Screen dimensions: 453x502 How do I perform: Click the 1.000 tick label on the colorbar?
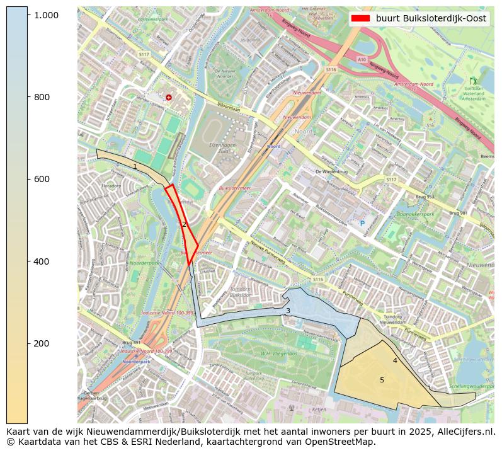46,15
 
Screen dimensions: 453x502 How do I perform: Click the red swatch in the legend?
361,19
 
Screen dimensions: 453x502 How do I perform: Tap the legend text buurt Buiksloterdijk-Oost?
431,19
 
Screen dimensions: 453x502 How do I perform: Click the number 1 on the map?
135,167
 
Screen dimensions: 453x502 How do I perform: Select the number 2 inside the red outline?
184,224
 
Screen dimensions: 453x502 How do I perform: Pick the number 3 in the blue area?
288,311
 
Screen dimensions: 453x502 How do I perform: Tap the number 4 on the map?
395,360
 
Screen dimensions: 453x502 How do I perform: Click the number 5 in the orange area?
382,380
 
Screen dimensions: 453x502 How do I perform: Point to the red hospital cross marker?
168,97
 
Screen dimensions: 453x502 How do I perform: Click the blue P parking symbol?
362,223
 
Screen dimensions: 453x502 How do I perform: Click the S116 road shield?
331,69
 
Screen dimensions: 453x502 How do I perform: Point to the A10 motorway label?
362,59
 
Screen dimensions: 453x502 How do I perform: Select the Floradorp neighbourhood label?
111,186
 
